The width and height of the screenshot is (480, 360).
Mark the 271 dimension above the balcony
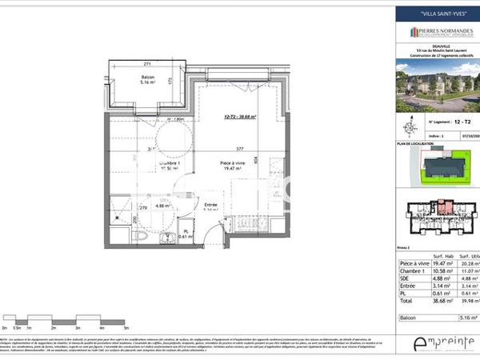147,63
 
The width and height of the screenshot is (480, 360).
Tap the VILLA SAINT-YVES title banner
435,14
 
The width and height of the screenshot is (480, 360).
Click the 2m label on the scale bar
52,329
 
